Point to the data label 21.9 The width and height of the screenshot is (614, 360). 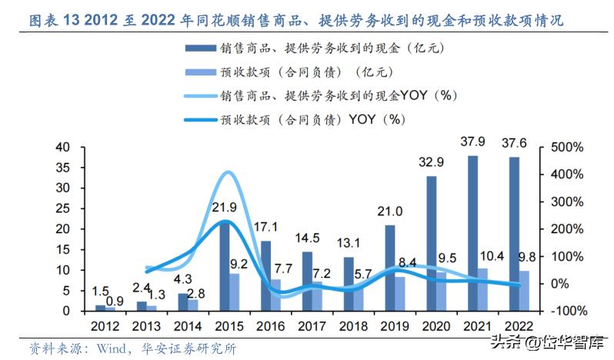coord(224,208)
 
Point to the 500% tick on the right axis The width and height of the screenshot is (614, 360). coord(561,147)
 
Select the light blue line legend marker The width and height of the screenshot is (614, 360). coord(199,96)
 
